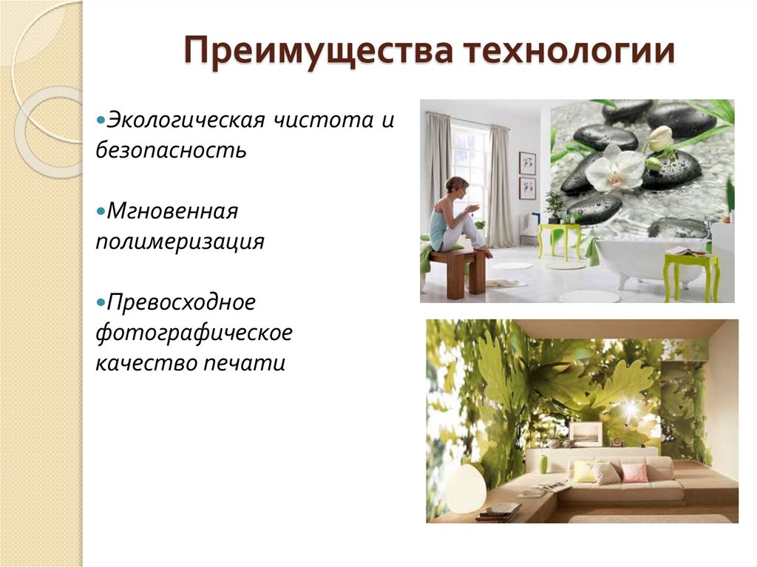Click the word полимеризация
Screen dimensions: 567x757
click(180, 242)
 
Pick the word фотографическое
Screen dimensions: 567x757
click(194, 333)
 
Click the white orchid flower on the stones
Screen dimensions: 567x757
click(615, 169)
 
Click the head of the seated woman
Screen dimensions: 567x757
click(456, 185)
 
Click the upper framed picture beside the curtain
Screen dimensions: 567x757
click(527, 162)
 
